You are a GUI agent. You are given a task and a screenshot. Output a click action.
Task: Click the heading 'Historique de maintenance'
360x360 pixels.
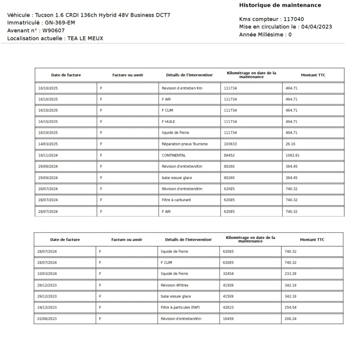point(280,5)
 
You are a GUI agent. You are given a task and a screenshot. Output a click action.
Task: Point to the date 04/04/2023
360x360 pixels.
point(317,27)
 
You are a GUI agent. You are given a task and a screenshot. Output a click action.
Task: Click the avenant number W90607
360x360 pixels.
point(54,30)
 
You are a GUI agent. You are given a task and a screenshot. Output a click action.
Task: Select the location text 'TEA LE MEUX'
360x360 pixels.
point(85,38)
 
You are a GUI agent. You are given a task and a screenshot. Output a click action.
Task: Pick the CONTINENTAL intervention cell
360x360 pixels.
point(174,155)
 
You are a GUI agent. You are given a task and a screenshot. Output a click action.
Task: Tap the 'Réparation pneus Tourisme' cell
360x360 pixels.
point(184,144)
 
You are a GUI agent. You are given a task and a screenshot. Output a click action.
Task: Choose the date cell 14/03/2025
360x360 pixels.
point(48,144)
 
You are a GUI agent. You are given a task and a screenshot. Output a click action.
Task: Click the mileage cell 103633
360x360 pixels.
point(230,144)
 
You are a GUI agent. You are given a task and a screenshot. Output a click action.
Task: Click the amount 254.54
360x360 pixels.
point(291,307)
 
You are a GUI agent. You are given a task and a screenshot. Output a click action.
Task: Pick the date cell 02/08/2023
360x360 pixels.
point(47,319)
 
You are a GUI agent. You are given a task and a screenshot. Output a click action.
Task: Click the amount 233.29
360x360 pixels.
point(291,274)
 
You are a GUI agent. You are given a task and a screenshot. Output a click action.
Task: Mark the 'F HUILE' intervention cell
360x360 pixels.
point(168,121)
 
